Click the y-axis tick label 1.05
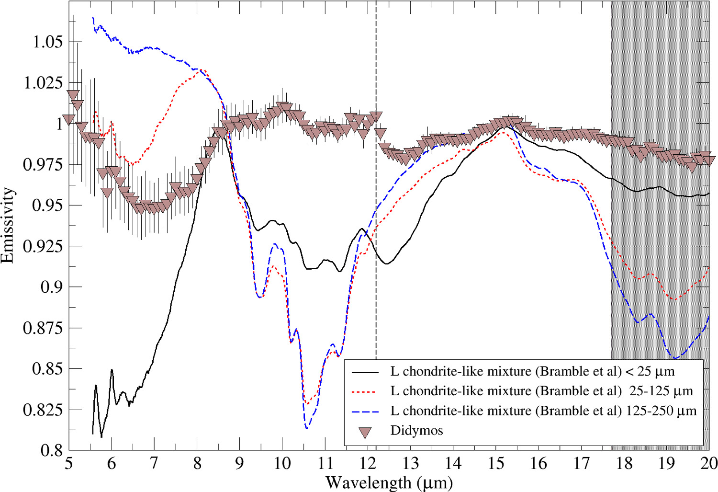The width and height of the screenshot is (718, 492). coord(47,42)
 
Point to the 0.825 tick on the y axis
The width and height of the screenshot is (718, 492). coord(43,410)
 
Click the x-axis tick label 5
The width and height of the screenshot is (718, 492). coord(69,464)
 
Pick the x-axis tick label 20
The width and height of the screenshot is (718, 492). coord(709,464)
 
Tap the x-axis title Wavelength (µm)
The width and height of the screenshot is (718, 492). coord(389,482)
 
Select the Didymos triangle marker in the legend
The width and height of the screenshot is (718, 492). coord(366,432)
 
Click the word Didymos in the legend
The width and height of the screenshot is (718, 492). coord(416,430)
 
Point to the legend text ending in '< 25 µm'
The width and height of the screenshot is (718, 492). coord(532,371)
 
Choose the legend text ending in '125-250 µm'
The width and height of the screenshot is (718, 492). coord(543,411)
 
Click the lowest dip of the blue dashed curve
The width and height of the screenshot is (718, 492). coord(307,428)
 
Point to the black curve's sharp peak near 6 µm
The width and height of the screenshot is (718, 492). coord(112,370)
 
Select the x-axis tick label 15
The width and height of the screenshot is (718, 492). coord(496,464)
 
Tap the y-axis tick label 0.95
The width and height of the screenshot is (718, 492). coord(47,206)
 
